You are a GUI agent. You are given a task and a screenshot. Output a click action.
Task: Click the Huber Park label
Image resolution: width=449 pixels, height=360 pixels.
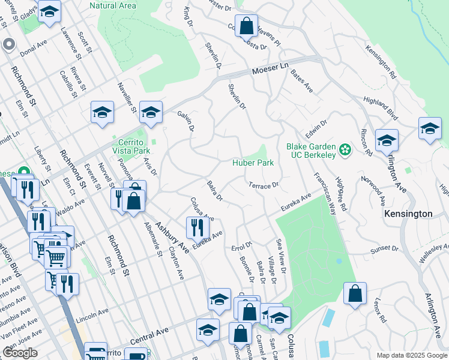pos(253,163)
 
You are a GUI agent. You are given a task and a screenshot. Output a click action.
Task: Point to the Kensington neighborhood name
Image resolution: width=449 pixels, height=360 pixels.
pos(408,214)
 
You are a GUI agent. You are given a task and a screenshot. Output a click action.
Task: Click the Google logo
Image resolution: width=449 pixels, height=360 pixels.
pos(20,353)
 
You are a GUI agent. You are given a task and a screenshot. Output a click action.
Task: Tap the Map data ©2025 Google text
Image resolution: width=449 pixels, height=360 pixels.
pos(411,355)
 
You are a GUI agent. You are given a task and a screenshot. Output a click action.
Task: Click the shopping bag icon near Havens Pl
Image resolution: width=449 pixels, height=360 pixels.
pos(246,26)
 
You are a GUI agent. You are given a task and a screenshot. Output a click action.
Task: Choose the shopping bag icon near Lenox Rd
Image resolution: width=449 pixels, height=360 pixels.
pos(355,294)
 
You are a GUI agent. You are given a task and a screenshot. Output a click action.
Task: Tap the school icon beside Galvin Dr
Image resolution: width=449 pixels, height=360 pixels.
pos(151,112)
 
